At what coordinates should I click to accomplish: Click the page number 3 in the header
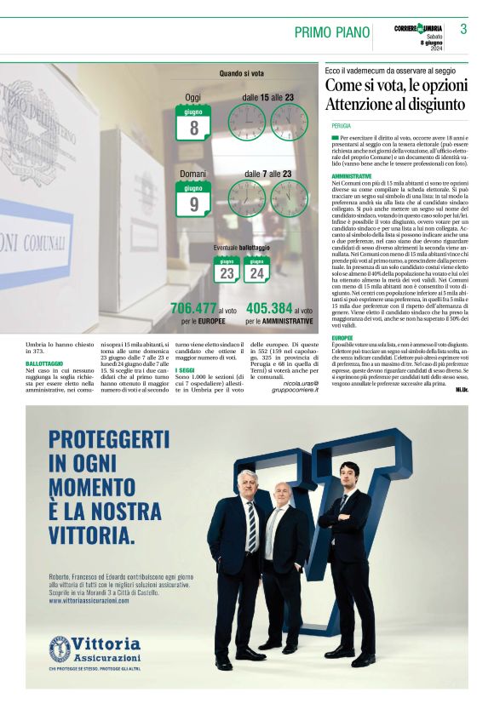tap(463, 30)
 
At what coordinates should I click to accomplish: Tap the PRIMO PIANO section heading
tap(330, 32)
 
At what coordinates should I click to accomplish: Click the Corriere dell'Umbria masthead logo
tap(420, 29)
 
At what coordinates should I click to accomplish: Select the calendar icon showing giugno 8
tap(193, 123)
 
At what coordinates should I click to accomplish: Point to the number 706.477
tap(193, 308)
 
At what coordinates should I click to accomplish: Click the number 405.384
tap(269, 308)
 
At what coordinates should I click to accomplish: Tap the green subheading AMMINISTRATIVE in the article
tap(351, 176)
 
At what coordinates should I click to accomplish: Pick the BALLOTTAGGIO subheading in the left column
tap(43, 363)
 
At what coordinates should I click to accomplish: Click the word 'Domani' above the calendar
tap(193, 174)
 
